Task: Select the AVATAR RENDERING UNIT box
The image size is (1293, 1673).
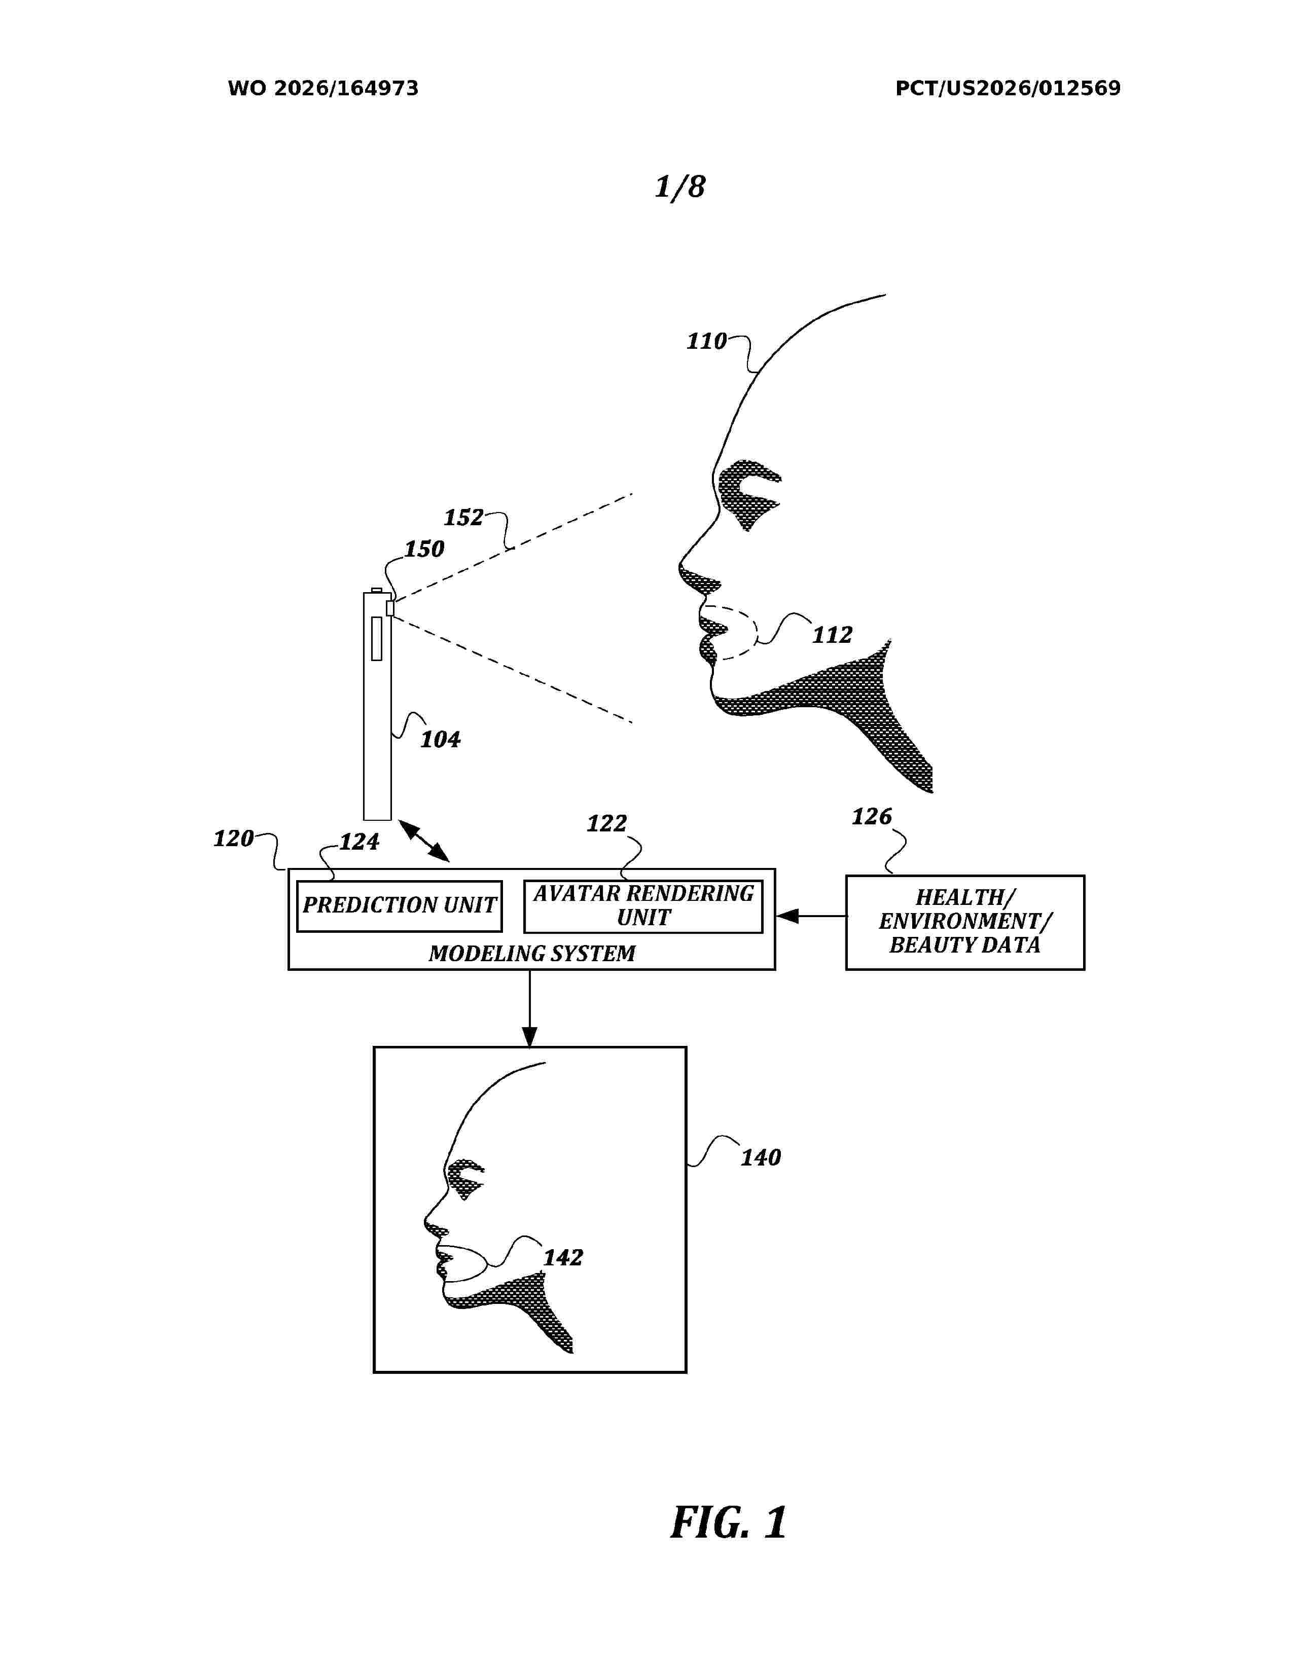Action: (x=642, y=906)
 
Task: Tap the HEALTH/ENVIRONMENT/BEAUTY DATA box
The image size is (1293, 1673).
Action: (x=964, y=922)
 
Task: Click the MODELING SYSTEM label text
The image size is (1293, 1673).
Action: (x=531, y=954)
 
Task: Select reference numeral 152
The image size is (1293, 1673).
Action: (x=463, y=517)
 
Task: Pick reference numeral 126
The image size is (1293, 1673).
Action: (x=872, y=817)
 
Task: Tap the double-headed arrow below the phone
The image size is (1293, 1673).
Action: (x=423, y=841)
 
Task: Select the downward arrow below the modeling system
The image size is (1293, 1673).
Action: (x=529, y=1008)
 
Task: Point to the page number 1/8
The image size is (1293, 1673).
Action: (x=679, y=186)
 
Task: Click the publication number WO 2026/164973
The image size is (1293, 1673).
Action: (x=324, y=89)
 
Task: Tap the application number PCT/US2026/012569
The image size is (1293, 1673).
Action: (x=1008, y=89)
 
